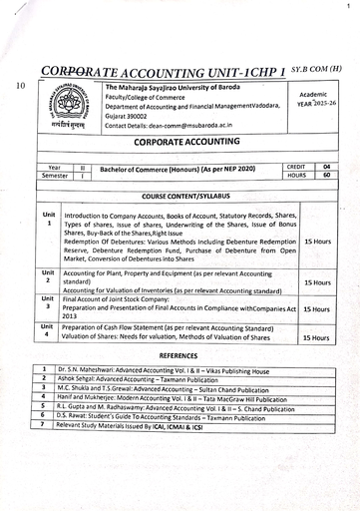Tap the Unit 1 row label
click(48, 219)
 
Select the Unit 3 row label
click(48, 301)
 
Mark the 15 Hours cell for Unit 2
click(317, 282)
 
